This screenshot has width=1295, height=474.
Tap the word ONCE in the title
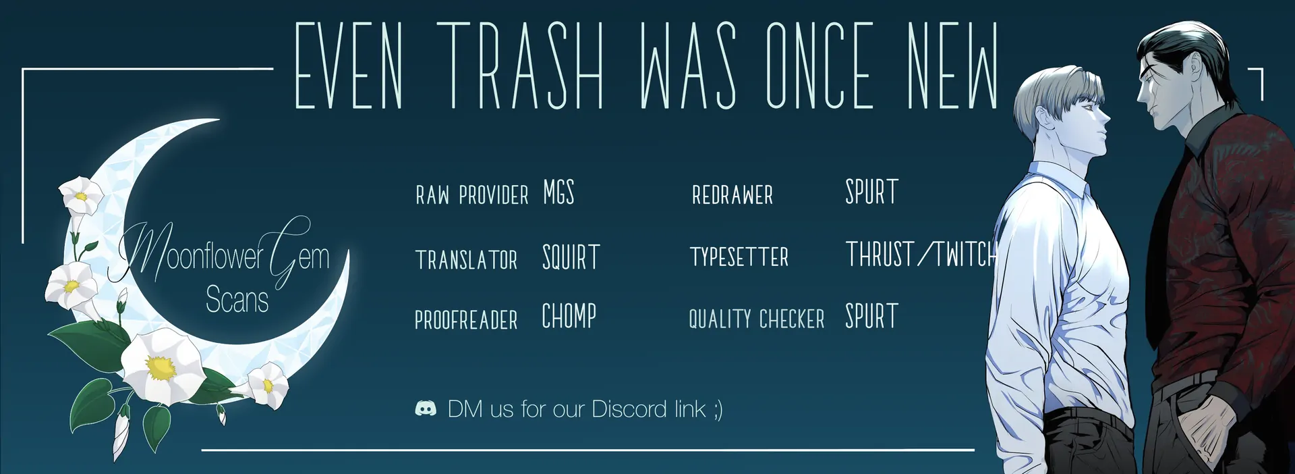(819, 65)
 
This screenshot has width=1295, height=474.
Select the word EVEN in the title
(349, 65)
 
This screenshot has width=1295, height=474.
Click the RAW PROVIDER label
(472, 196)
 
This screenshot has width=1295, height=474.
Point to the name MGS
(558, 193)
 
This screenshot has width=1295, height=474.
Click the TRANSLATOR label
(466, 260)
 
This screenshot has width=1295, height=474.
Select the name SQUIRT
(571, 257)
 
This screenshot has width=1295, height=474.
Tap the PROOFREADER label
(466, 320)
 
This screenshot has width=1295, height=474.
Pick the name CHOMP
(569, 316)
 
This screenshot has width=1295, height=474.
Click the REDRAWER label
(732, 196)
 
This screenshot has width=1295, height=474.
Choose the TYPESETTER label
(739, 257)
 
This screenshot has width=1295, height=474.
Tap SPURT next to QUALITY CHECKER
(871, 317)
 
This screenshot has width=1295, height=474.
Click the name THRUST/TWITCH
(921, 255)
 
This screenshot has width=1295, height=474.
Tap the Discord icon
(426, 409)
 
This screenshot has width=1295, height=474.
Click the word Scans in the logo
(237, 300)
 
